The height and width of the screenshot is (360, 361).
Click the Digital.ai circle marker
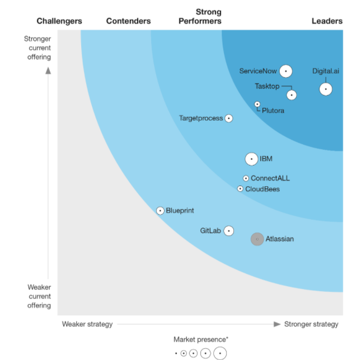click(325, 89)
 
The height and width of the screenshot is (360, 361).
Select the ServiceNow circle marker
click(286, 71)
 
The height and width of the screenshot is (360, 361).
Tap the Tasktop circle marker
click(291, 95)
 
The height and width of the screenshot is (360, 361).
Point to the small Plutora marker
click(257, 104)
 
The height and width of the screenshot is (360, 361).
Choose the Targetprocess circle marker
click(228, 119)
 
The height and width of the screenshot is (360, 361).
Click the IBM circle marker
click(252, 159)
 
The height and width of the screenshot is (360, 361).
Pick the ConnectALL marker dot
click(246, 178)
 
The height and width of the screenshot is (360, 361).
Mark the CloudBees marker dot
click(240, 189)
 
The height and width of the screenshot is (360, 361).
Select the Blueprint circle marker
click(161, 211)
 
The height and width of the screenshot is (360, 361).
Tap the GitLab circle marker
click(228, 231)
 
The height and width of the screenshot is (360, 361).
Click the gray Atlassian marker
click(257, 239)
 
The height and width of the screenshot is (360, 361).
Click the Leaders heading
click(327, 21)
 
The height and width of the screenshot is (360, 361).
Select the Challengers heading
click(59, 21)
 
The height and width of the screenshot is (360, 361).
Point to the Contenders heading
click(128, 21)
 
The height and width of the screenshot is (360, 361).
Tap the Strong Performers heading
click(208, 16)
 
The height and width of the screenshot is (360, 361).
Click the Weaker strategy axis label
click(87, 324)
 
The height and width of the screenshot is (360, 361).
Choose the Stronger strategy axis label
click(311, 324)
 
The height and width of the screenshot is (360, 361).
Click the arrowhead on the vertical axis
click(48, 70)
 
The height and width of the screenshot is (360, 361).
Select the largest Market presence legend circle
click(220, 353)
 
